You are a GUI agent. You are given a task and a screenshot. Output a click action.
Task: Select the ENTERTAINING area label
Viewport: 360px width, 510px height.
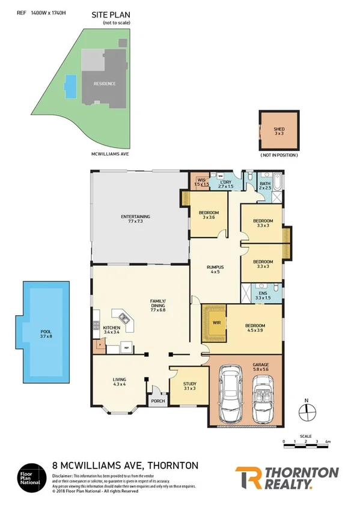click(x=135, y=217)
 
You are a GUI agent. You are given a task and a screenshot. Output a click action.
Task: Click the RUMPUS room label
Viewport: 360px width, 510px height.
click(x=215, y=268)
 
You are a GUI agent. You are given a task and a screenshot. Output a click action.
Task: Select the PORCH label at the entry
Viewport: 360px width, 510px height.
click(x=157, y=402)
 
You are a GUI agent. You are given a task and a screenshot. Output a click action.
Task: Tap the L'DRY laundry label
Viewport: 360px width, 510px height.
click(x=226, y=182)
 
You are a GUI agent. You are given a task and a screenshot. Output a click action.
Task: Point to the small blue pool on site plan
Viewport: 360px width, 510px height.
click(x=72, y=86)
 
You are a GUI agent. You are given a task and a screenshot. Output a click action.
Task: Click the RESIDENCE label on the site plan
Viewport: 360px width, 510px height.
click(x=104, y=84)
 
